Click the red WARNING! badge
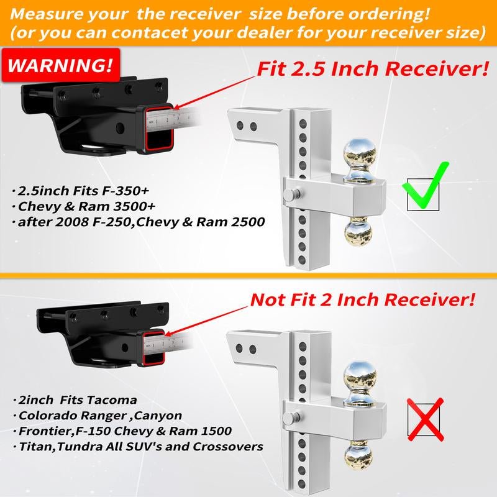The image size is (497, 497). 61,65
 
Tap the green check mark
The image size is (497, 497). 426,186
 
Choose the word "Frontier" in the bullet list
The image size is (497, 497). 44,431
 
